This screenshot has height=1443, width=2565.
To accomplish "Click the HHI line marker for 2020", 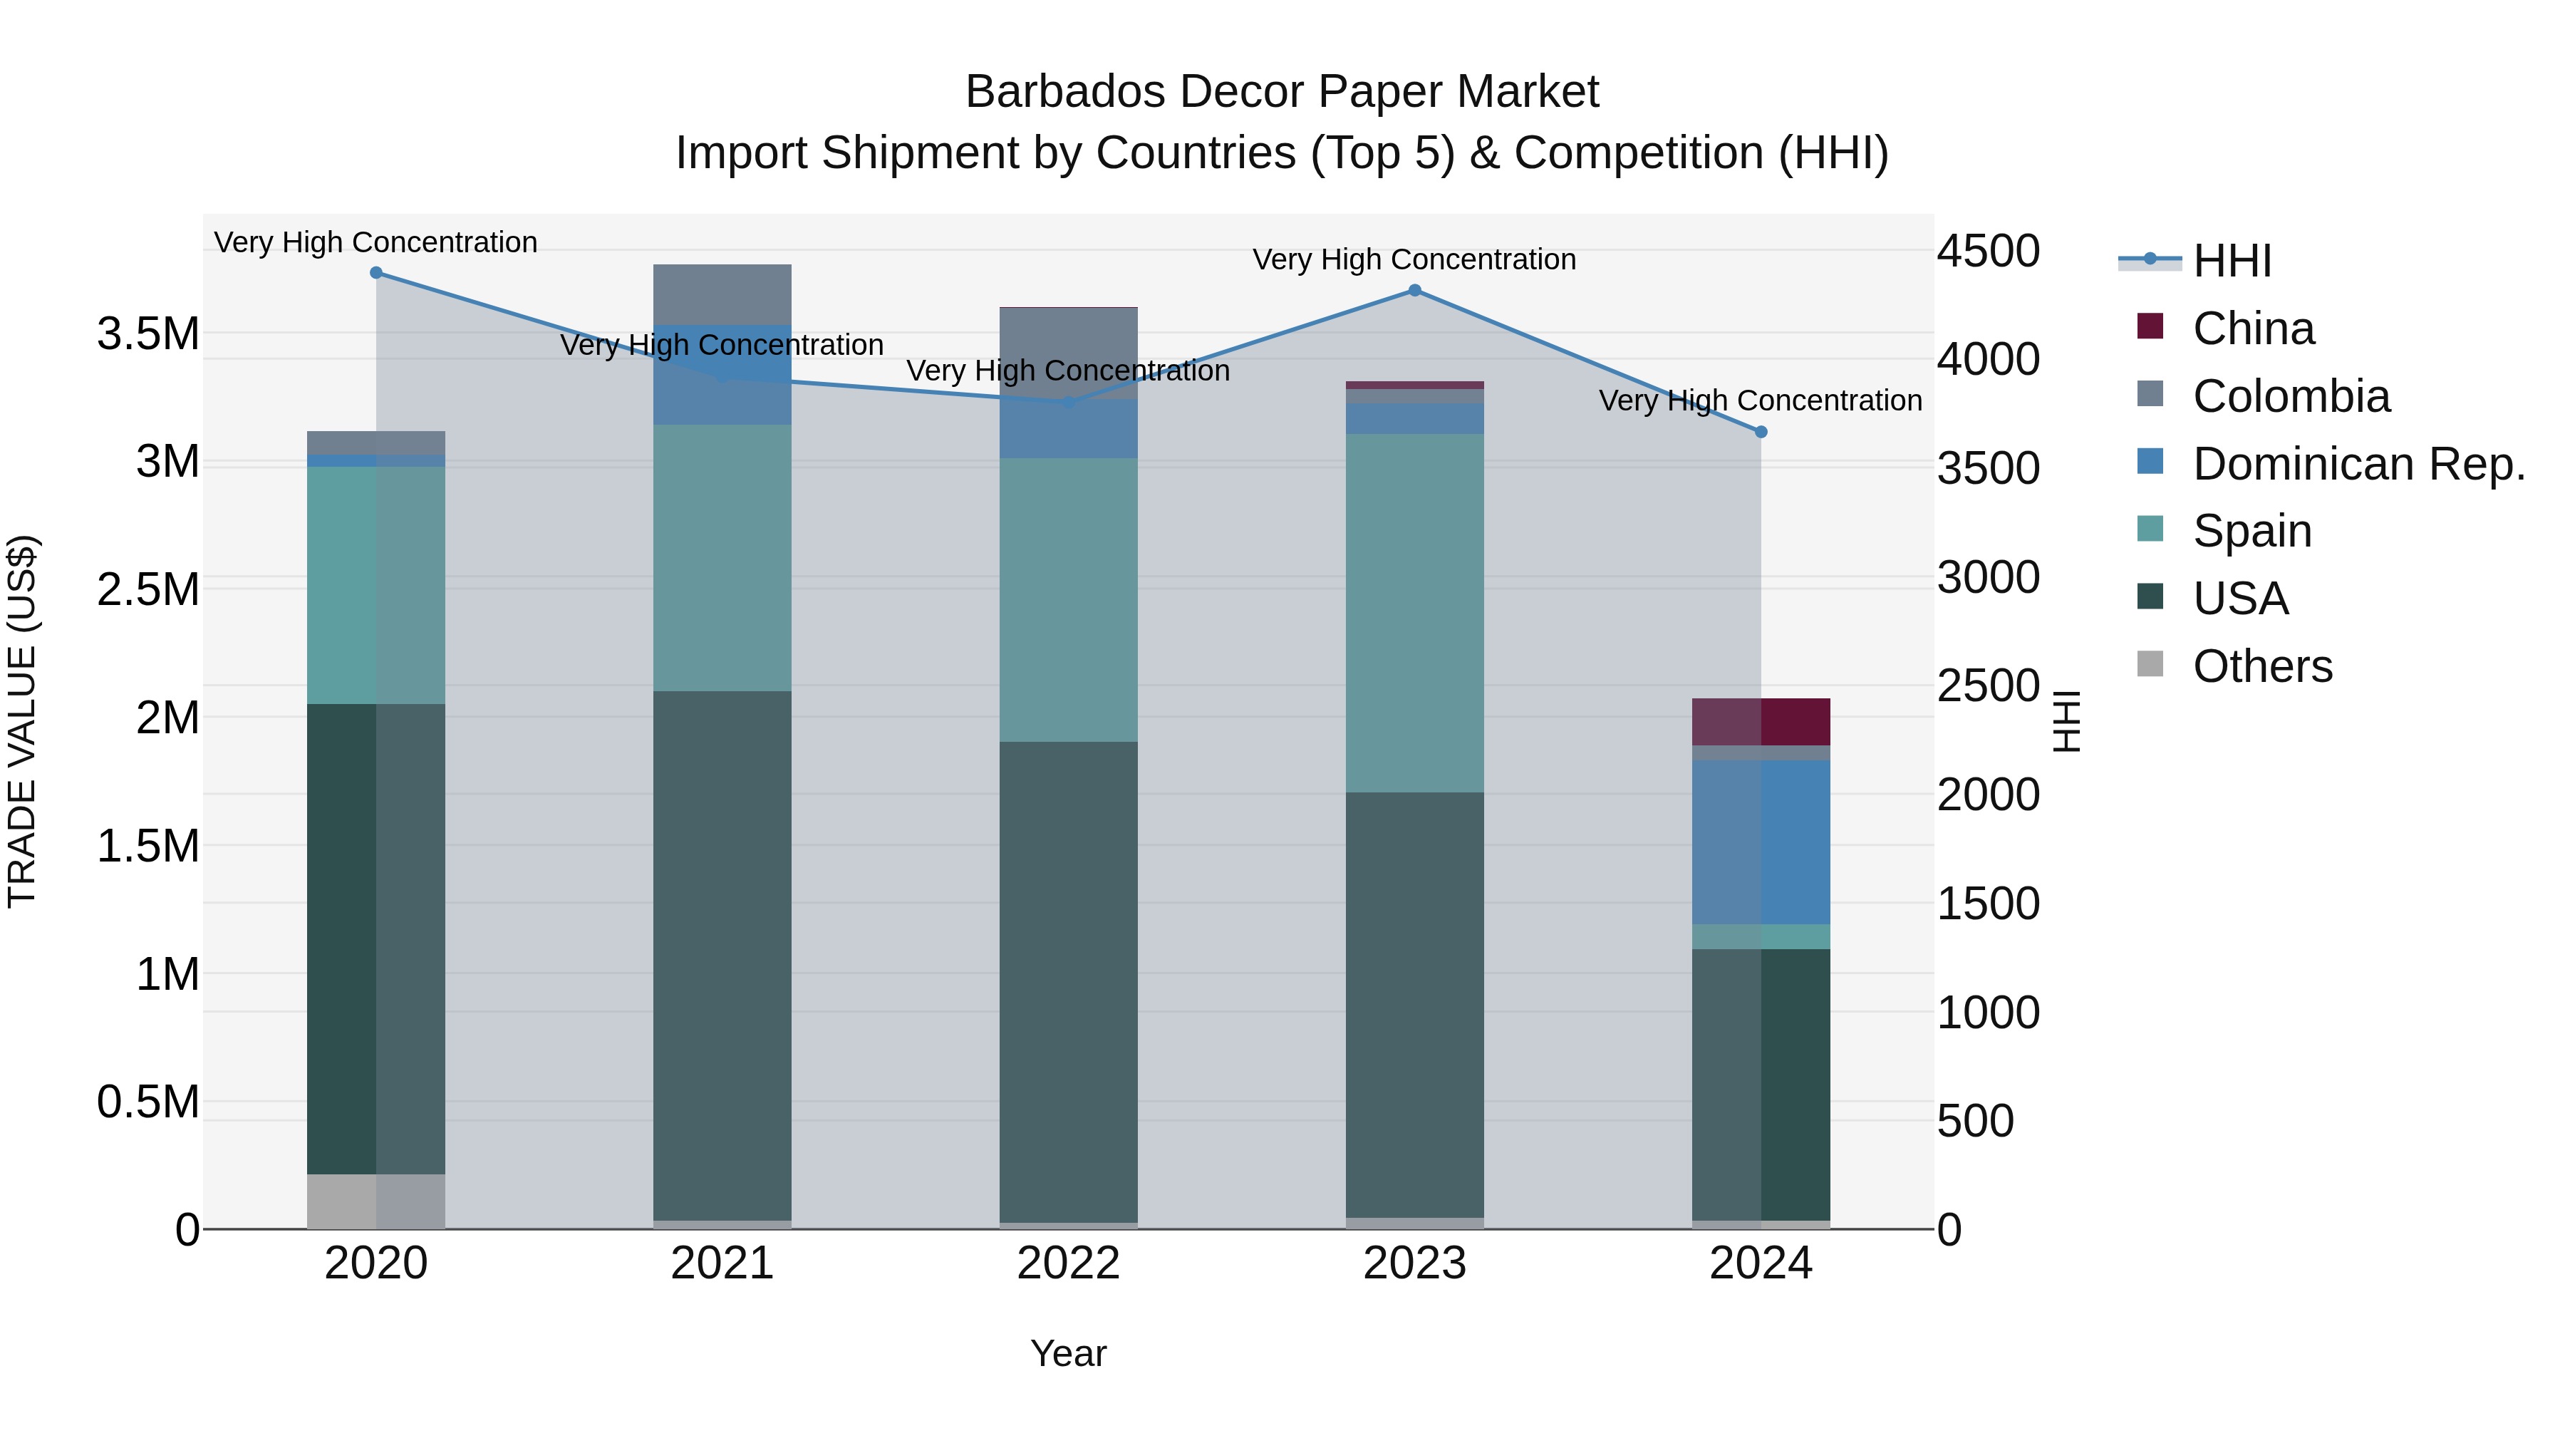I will [x=376, y=273].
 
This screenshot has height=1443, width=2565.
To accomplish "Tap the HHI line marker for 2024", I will [x=1761, y=433].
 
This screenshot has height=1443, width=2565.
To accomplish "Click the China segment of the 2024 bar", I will [x=1761, y=722].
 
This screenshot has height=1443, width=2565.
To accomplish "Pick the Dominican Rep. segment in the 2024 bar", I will [x=1761, y=842].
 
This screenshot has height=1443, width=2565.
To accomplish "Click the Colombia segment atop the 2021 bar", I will [x=722, y=295].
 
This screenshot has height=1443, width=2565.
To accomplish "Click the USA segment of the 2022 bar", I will [x=1069, y=981].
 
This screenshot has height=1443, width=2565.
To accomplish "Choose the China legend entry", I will [x=2254, y=329].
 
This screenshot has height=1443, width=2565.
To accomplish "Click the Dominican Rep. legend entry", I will [x=2358, y=464].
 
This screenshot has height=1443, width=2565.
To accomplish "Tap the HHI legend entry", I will [x=2232, y=261].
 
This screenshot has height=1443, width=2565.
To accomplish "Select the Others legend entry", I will [x=2262, y=666].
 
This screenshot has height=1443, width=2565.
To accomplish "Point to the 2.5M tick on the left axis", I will [x=147, y=589].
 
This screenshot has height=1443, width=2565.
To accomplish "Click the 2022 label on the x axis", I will [x=1069, y=1263].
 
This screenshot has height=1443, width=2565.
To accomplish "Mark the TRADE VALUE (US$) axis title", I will [x=22, y=721].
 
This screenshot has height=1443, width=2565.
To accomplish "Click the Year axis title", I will [x=1069, y=1353].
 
